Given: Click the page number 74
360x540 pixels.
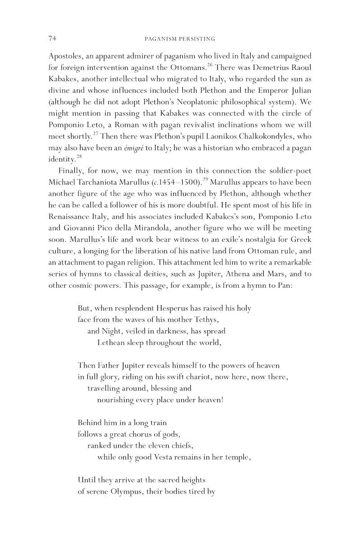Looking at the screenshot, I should [x=51, y=39].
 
